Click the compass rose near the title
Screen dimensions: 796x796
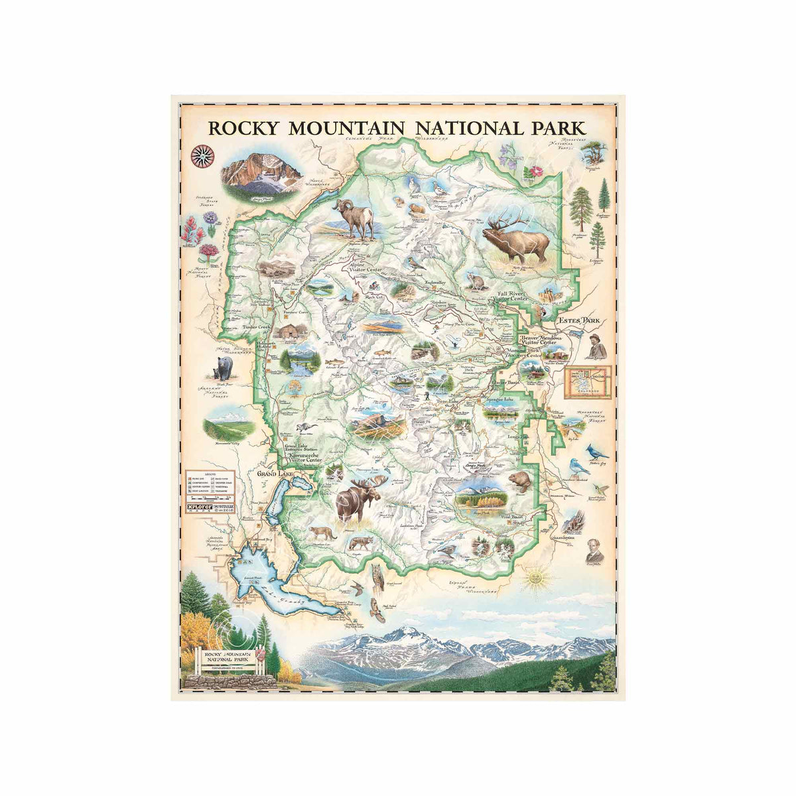click(202, 156)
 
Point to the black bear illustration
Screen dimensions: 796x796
click(224, 368)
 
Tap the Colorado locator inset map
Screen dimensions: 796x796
click(587, 383)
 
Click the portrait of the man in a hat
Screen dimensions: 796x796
click(595, 345)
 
